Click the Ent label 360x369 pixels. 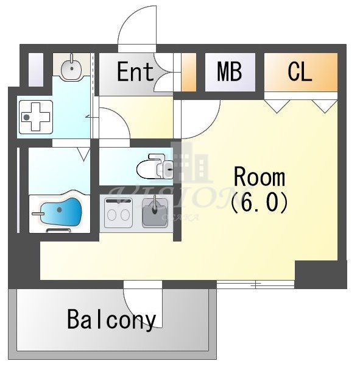[135, 73]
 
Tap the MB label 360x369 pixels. [230, 73]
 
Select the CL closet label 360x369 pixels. [300, 73]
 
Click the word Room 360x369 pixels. [259, 177]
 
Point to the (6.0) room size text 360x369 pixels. [259, 202]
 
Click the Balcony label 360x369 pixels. [111, 319]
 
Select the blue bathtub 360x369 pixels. [59, 214]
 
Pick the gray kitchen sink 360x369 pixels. [155, 214]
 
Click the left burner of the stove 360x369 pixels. [113, 215]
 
